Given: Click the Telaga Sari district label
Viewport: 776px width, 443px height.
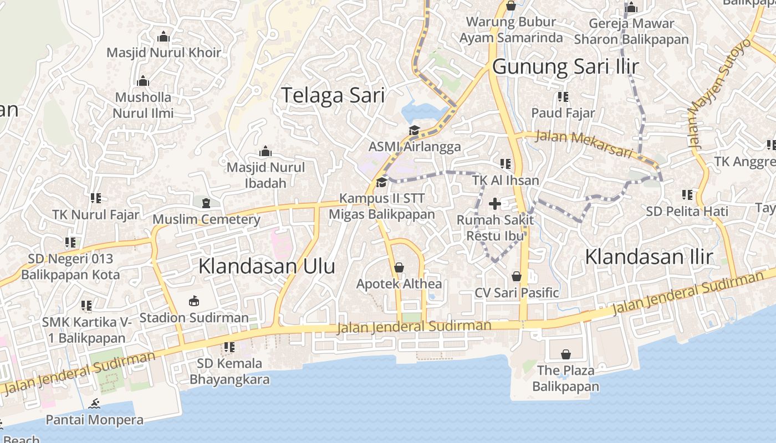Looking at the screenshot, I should [x=333, y=95].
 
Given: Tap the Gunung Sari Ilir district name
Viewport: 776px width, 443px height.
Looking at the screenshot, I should [x=565, y=67].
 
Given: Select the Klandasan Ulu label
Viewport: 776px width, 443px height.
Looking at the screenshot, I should [x=267, y=266].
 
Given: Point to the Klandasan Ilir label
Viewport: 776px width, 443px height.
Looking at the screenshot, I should [x=649, y=257].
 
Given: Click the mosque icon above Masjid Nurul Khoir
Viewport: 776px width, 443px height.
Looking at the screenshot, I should [x=163, y=37].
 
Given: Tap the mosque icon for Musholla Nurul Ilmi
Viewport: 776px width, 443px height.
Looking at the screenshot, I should [x=143, y=81].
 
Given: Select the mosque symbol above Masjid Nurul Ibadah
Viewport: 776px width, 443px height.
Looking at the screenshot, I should [x=265, y=152].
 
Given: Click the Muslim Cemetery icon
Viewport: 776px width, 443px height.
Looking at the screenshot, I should [x=206, y=203].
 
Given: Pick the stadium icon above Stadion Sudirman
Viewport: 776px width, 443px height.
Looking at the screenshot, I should [x=193, y=302].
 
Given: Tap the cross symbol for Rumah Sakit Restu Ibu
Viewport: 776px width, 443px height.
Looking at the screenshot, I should [x=494, y=204].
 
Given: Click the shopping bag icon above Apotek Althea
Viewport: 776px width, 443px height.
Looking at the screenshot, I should [x=399, y=268].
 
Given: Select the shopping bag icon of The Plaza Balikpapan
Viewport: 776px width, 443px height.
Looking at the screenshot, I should [x=565, y=354].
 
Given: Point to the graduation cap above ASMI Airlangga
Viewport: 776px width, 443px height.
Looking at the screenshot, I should [x=414, y=131].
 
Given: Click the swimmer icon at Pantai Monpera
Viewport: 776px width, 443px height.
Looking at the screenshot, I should [x=94, y=404].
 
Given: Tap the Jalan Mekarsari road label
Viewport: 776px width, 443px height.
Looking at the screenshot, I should [x=583, y=143].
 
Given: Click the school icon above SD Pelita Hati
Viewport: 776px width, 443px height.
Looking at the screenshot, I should [x=687, y=195].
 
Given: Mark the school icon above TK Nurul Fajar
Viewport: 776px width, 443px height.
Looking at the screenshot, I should [x=95, y=198].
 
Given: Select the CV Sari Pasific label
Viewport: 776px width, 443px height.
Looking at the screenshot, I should [x=517, y=292].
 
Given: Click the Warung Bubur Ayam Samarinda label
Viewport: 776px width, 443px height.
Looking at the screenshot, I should [x=511, y=30].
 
